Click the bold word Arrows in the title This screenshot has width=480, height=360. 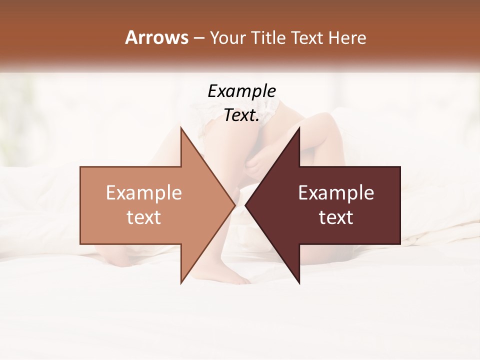156,37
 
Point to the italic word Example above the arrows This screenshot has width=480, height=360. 241,92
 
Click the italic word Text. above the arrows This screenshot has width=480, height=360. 241,115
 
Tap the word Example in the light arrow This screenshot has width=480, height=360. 143,192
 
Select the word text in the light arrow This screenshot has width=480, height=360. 143,217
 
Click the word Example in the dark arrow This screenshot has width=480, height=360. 336,192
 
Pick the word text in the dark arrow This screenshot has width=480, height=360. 336,217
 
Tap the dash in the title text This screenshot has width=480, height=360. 198,38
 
